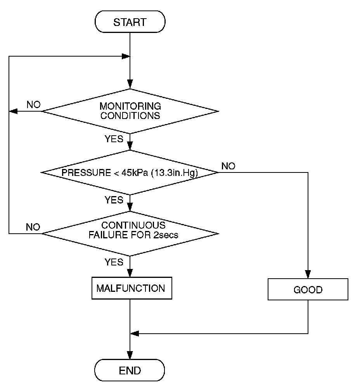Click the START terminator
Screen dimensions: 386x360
click(x=130, y=22)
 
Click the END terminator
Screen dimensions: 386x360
click(x=130, y=370)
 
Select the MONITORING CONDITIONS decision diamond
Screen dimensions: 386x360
click(x=130, y=111)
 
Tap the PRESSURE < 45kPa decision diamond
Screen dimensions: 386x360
click(x=130, y=172)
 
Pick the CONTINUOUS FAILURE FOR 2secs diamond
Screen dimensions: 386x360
click(x=130, y=233)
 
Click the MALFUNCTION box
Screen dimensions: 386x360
click(x=132, y=289)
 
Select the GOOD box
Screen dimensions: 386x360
click(x=308, y=290)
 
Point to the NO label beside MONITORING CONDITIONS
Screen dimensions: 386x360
click(x=34, y=105)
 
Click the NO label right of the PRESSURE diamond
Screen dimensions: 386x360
click(x=228, y=166)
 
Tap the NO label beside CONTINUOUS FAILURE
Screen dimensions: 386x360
click(x=33, y=227)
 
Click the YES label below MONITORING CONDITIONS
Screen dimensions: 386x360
click(x=114, y=139)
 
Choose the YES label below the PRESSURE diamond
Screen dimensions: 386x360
click(x=114, y=200)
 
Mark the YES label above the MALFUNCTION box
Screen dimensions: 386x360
click(x=114, y=262)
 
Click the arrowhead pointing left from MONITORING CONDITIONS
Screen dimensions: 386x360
click(x=13, y=111)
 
